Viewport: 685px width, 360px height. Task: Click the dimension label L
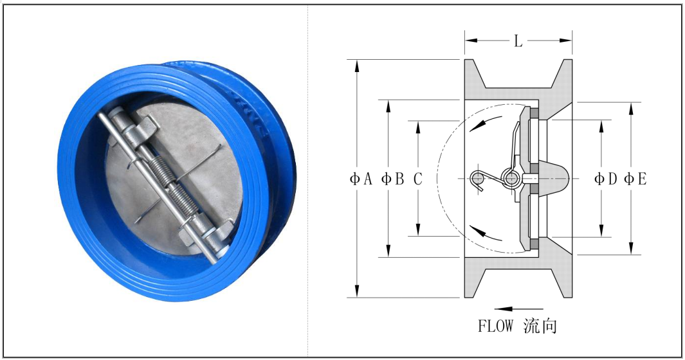click(x=518, y=41)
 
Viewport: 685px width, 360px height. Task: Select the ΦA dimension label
click(x=361, y=179)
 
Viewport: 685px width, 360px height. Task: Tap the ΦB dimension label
click(x=392, y=179)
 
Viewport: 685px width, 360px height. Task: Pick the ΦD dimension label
click(x=605, y=179)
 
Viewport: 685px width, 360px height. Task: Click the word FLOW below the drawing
click(x=495, y=326)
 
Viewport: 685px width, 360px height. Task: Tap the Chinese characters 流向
click(x=540, y=326)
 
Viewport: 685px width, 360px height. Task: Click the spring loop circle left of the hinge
click(x=478, y=178)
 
